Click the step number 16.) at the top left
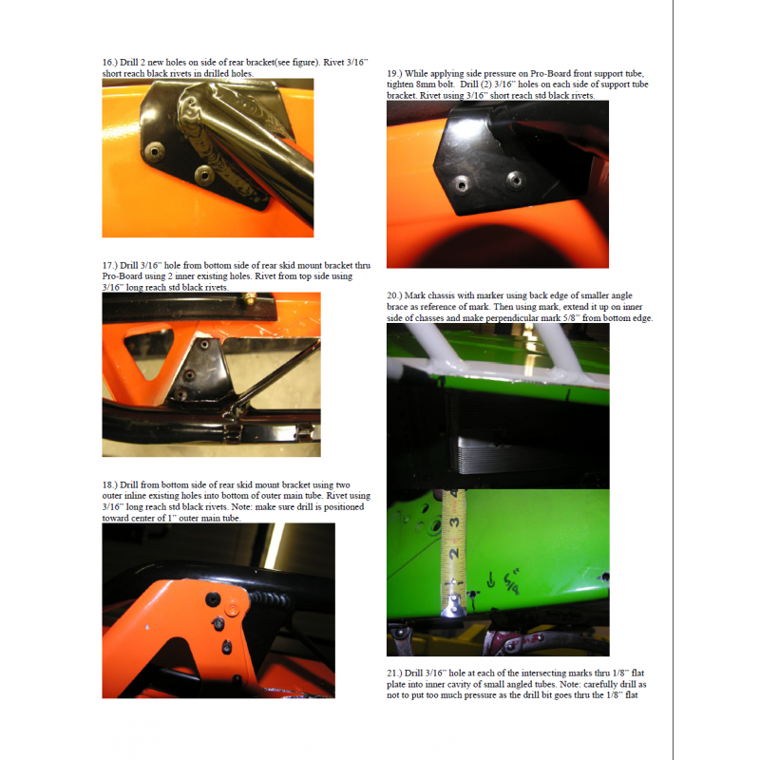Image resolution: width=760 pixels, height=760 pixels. (109, 63)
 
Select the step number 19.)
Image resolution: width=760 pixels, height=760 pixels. (394, 74)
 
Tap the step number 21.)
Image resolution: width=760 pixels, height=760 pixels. (394, 674)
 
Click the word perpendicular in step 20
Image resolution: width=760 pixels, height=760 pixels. (512, 318)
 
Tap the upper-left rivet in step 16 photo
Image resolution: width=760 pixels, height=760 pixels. (155, 152)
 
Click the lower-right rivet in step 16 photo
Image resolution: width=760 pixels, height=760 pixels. (204, 175)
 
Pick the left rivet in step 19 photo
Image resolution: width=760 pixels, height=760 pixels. (461, 184)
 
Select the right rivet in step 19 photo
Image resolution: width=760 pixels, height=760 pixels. (516, 180)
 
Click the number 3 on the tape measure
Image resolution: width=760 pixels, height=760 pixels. (454, 522)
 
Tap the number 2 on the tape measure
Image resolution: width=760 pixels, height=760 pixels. (454, 554)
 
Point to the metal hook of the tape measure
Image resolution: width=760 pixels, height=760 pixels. (454, 607)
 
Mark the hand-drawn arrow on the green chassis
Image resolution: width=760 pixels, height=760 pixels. (491, 580)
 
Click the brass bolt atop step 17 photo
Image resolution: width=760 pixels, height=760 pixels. (250, 298)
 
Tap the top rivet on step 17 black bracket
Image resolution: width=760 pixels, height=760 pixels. (204, 345)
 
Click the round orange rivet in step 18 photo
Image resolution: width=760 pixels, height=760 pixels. (232, 608)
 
